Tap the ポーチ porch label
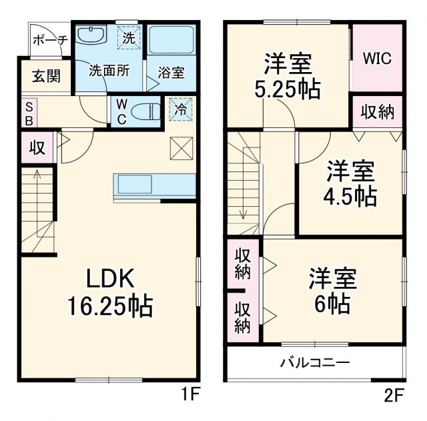click(49, 40)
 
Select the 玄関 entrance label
click(45, 75)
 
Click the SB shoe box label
click(29, 113)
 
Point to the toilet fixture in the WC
click(143, 110)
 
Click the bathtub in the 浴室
click(171, 41)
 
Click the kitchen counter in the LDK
click(154, 185)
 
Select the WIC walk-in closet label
click(377, 57)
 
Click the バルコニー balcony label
click(314, 364)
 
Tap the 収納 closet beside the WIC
click(378, 112)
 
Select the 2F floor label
click(394, 394)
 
